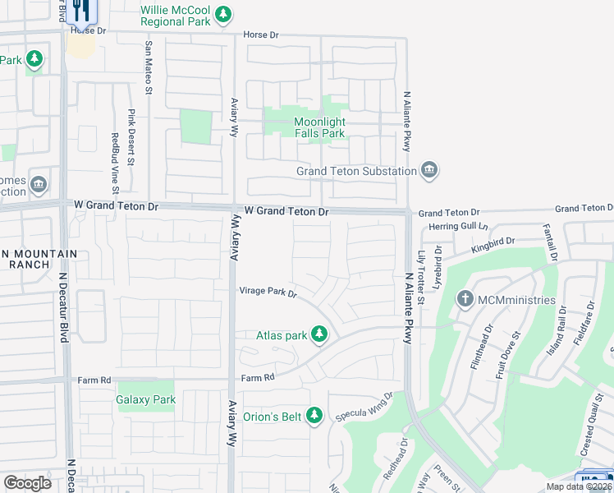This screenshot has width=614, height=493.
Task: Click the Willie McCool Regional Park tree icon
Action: pos(222,14)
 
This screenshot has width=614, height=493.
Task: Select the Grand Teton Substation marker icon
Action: pos(428,171)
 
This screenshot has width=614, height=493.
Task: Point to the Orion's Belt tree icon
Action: pos(313,417)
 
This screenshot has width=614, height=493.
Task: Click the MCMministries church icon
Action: pos(465,300)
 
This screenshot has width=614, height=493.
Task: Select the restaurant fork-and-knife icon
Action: pos(80,10)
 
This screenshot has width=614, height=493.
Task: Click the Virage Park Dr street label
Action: pos(267,292)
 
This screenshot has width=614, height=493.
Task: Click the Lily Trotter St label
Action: pos(421,278)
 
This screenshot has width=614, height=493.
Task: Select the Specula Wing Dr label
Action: pos(365,408)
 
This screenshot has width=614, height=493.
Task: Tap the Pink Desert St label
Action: pos(130,134)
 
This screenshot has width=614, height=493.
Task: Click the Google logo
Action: pos(28,482)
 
